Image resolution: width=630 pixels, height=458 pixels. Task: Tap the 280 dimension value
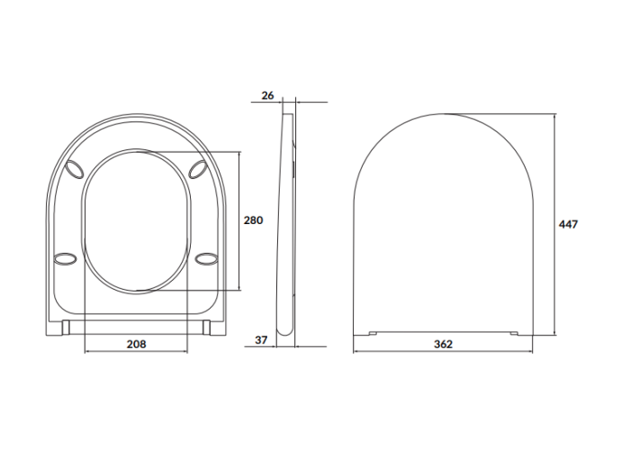pos(255,220)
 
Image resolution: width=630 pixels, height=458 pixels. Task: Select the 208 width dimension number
pos(135,344)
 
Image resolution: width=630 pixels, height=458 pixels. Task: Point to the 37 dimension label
pos(262,339)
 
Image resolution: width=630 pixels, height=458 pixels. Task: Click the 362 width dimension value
pos(442,344)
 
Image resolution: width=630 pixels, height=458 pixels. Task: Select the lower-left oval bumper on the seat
pos(65,259)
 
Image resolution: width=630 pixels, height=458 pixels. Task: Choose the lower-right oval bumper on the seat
pos(206,259)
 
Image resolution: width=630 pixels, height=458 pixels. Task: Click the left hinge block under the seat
pos(67,327)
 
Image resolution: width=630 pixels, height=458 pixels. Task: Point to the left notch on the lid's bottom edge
pos(373,334)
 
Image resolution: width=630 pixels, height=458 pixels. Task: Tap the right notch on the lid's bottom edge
pos(515,334)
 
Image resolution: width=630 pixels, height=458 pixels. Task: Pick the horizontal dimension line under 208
pos(135,352)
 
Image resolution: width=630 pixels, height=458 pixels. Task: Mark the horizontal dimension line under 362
pos(442,352)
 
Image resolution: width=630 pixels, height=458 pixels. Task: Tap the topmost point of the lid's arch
pos(442,113)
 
